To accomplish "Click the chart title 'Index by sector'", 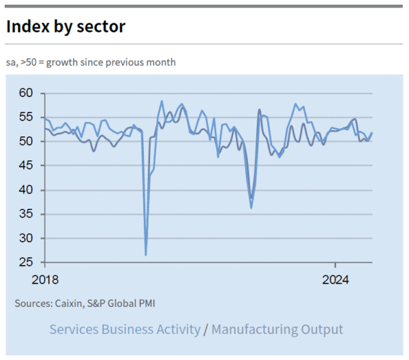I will [65, 27].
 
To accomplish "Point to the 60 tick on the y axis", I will [25, 93].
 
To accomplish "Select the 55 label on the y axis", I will [25, 117].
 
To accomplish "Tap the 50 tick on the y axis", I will [25, 142].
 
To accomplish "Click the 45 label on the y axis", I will [25, 166].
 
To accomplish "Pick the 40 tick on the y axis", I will [25, 190].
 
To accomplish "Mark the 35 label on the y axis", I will [25, 214].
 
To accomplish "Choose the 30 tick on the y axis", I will [25, 239].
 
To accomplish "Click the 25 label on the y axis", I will [25, 262].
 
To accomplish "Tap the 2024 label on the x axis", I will [335, 280].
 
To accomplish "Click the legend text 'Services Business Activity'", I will [125, 330].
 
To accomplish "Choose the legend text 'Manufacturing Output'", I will [277, 330].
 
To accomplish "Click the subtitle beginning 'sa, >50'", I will [91, 62].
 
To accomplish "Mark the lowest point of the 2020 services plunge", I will [146, 254].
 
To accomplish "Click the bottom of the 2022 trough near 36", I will [251, 207].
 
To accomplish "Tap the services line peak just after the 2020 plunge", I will [162, 101].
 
